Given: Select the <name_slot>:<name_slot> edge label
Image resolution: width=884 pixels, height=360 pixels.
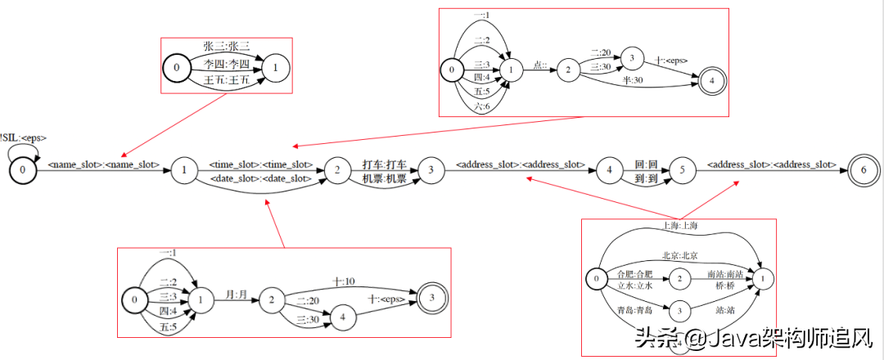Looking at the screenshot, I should [104, 165].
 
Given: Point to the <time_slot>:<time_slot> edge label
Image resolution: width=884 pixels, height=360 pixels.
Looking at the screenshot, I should [261, 164].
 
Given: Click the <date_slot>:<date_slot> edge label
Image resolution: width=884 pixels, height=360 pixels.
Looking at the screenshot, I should [261, 178].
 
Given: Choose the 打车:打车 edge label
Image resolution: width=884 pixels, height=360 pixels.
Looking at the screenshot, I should [384, 164].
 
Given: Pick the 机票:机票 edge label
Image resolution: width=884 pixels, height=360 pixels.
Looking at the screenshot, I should [384, 178].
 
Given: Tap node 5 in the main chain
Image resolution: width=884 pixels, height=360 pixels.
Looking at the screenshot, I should [684, 169].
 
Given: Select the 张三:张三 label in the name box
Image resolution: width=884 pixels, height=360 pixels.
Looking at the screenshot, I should [226, 46].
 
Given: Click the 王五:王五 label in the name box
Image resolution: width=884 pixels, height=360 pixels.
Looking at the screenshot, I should [226, 80].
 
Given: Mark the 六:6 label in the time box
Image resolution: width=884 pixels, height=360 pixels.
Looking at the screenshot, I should [482, 107].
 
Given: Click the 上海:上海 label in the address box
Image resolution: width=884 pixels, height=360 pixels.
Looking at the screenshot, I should [682, 226].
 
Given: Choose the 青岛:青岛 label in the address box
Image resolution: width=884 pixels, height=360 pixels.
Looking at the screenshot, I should [635, 310].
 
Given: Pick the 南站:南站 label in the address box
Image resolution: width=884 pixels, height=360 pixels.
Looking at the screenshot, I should [725, 275].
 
